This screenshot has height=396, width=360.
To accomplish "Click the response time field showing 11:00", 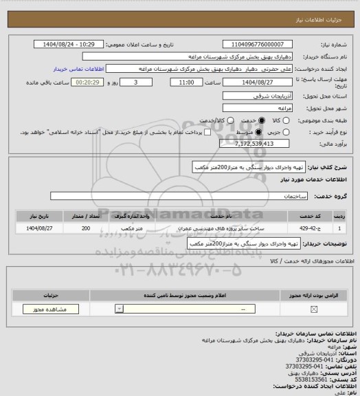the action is tap(184, 82).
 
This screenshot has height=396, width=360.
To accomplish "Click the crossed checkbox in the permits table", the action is tap(314, 310).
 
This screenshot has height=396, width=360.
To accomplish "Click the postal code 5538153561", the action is tap(319, 379).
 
